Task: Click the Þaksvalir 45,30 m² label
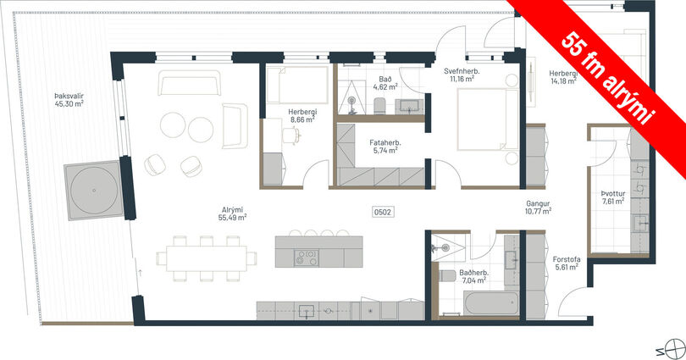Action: coord(69,100)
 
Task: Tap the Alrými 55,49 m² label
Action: coord(232,213)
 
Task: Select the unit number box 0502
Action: coord(382,212)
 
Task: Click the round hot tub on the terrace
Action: coord(94,191)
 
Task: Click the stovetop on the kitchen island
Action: coord(306,258)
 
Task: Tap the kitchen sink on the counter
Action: coord(307,311)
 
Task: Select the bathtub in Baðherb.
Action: coord(491,303)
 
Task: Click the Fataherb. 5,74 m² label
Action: coord(385,147)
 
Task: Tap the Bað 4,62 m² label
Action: coord(385,83)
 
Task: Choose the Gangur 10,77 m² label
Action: coord(538,208)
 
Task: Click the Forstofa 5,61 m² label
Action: coord(567,263)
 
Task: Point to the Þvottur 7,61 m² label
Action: coord(613,197)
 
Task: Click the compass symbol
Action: coord(673,349)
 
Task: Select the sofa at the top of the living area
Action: coord(189,83)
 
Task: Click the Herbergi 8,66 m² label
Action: coord(302,115)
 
